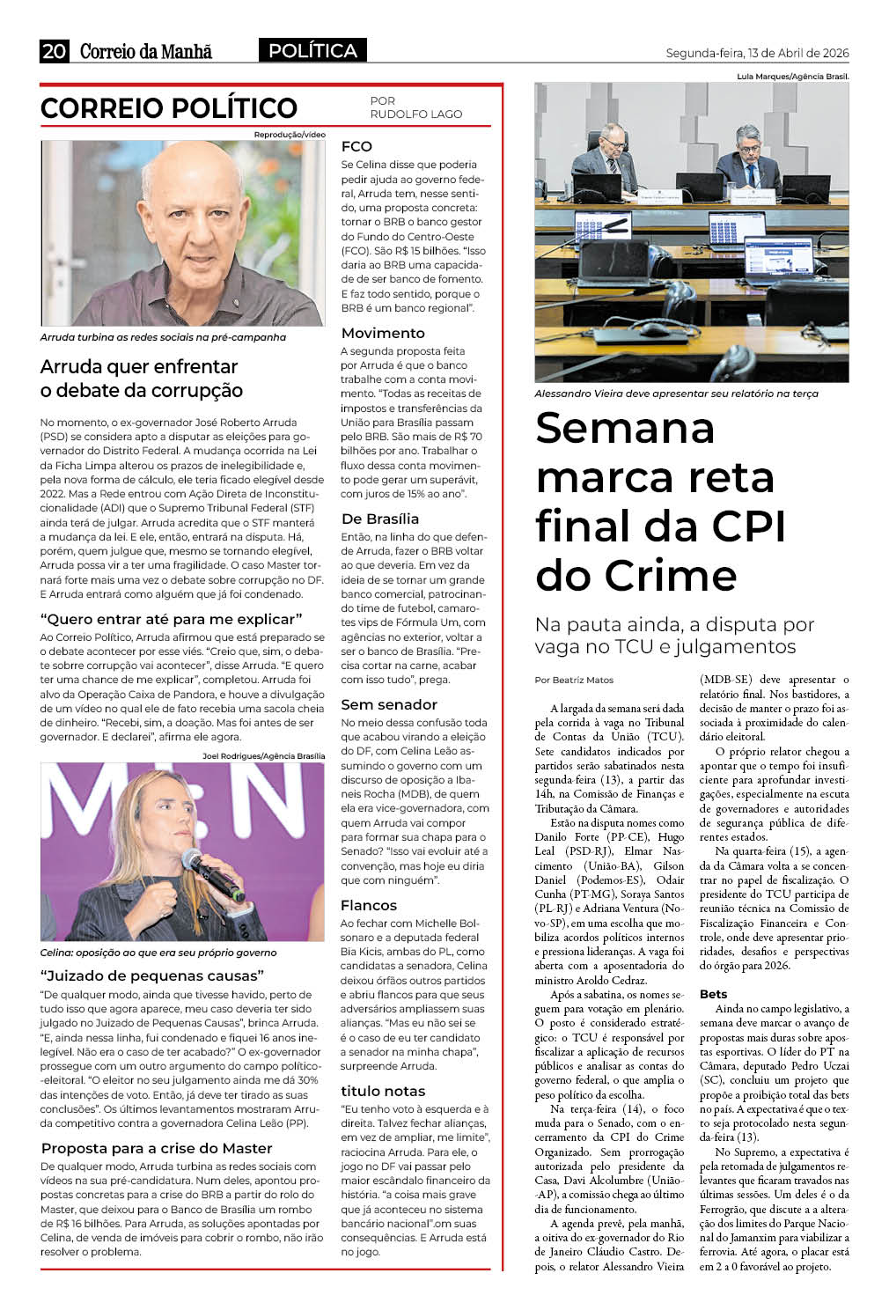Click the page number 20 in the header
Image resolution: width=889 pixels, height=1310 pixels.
point(54,51)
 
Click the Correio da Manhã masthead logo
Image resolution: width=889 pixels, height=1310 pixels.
point(145,51)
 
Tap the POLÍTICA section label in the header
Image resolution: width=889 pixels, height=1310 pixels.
point(312,51)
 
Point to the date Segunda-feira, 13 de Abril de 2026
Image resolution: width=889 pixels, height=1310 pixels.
point(757,53)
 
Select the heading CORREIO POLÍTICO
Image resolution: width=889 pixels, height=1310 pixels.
point(169,108)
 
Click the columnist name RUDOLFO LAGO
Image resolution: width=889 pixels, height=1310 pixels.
point(415,114)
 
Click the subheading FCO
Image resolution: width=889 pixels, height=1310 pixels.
point(356,146)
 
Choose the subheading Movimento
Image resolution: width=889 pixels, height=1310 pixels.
point(383,333)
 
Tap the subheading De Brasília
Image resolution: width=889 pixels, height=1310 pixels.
point(379,519)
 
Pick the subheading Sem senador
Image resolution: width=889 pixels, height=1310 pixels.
point(389,704)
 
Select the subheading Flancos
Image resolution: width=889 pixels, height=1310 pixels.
point(369,905)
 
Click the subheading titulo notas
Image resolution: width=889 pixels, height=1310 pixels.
point(383,1091)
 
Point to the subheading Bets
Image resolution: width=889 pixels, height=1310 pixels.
point(713,994)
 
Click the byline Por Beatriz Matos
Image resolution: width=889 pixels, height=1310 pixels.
point(574,680)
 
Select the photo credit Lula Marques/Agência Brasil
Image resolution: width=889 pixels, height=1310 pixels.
point(792,77)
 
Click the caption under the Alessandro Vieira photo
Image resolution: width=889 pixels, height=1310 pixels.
point(676,394)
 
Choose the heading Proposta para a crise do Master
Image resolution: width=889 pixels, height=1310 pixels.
point(157,1148)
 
